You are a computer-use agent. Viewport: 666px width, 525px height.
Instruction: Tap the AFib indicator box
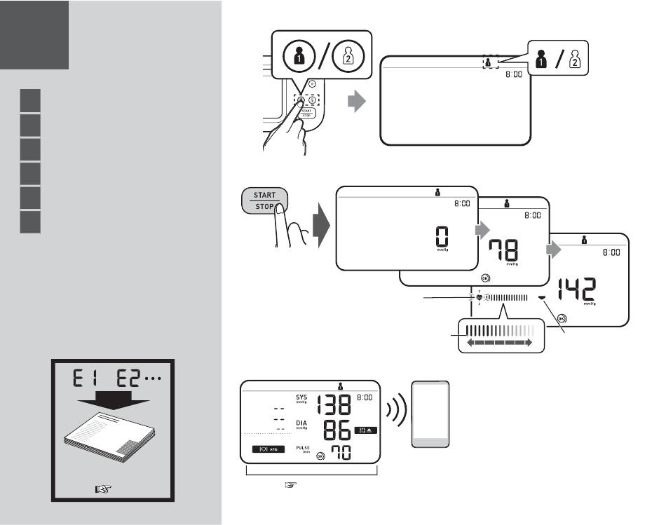269,448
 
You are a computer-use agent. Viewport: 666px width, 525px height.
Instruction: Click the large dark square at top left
34,34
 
